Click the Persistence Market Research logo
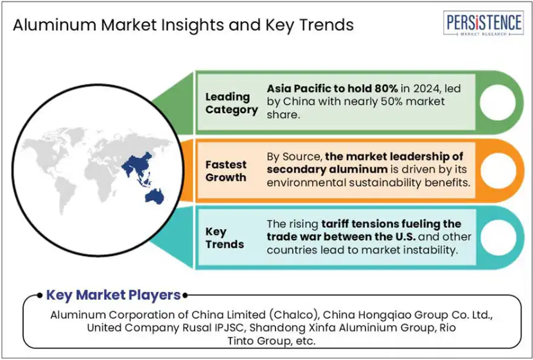[483, 23]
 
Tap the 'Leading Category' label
[231, 103]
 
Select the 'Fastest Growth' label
[225, 171]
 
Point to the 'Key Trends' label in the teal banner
[224, 237]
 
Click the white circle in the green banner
[498, 102]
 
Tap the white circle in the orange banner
[498, 170]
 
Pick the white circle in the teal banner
[498, 237]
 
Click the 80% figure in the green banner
[386, 89]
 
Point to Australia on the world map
[155, 196]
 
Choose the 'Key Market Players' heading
[113, 295]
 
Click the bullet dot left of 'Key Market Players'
[40, 295]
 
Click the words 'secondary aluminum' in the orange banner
[327, 169]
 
